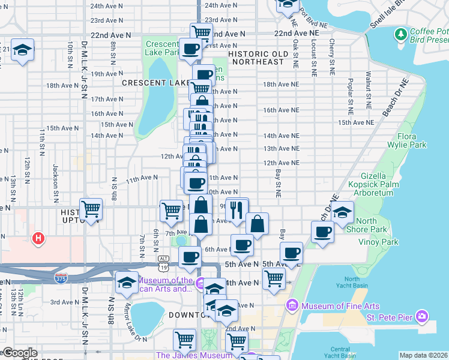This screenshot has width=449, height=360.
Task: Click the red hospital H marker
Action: (38, 239)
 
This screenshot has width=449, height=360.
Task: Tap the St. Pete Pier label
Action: (390, 316)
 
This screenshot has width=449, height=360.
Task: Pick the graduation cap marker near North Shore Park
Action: (342, 212)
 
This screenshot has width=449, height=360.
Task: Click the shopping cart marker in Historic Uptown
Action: (91, 209)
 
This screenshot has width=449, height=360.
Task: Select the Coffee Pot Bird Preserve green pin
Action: (401, 34)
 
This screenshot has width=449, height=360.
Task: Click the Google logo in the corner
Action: (19, 353)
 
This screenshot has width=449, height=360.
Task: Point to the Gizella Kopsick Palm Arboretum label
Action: (373, 184)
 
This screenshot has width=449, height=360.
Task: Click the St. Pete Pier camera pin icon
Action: (421, 316)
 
